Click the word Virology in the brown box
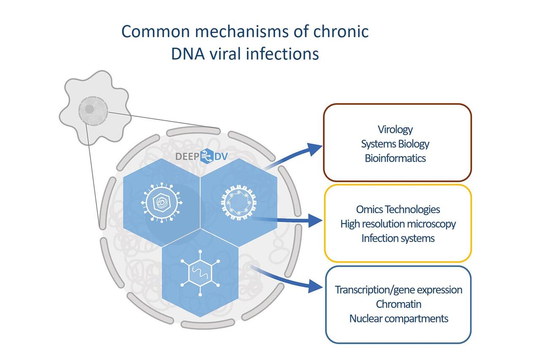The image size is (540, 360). coord(395,129)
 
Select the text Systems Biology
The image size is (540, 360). coord(395,143)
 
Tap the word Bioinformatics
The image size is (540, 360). coord(395,158)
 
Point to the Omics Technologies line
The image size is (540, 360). coord(398,209)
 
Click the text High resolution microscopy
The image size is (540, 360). coord(398,224)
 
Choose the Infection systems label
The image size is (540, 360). coord(398,238)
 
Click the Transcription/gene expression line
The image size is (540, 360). coord(398,290)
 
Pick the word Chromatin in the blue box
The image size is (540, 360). coord(398,304)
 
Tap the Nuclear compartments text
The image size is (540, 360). coord(398,318)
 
